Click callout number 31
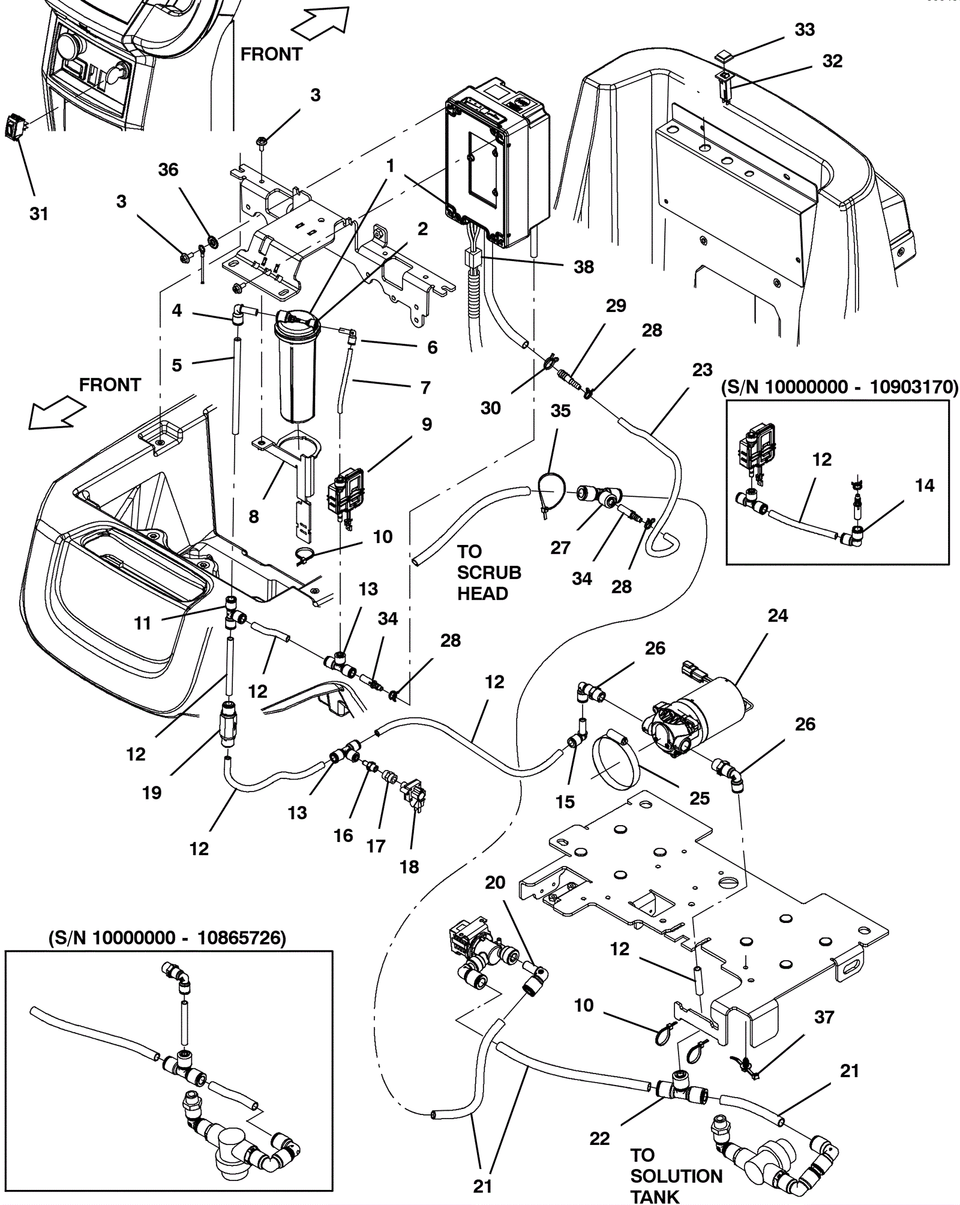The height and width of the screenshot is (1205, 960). [39, 214]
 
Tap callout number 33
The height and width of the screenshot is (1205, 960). [805, 30]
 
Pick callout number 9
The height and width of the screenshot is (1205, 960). [427, 424]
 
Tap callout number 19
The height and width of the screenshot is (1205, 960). [152, 793]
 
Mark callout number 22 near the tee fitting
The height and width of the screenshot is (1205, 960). [599, 1138]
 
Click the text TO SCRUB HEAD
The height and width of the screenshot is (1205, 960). [489, 572]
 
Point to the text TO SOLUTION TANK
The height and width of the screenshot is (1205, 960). [676, 1176]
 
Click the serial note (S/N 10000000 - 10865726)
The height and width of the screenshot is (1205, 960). [167, 938]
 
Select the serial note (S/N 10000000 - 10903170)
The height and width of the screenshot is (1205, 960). [839, 387]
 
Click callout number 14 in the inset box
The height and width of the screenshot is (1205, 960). [925, 485]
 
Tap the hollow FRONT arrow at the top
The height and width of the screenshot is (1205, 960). [320, 28]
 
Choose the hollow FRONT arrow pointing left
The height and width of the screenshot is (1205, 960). [57, 415]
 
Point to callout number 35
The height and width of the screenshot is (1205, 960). [560, 411]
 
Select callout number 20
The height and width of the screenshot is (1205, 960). [495, 883]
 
